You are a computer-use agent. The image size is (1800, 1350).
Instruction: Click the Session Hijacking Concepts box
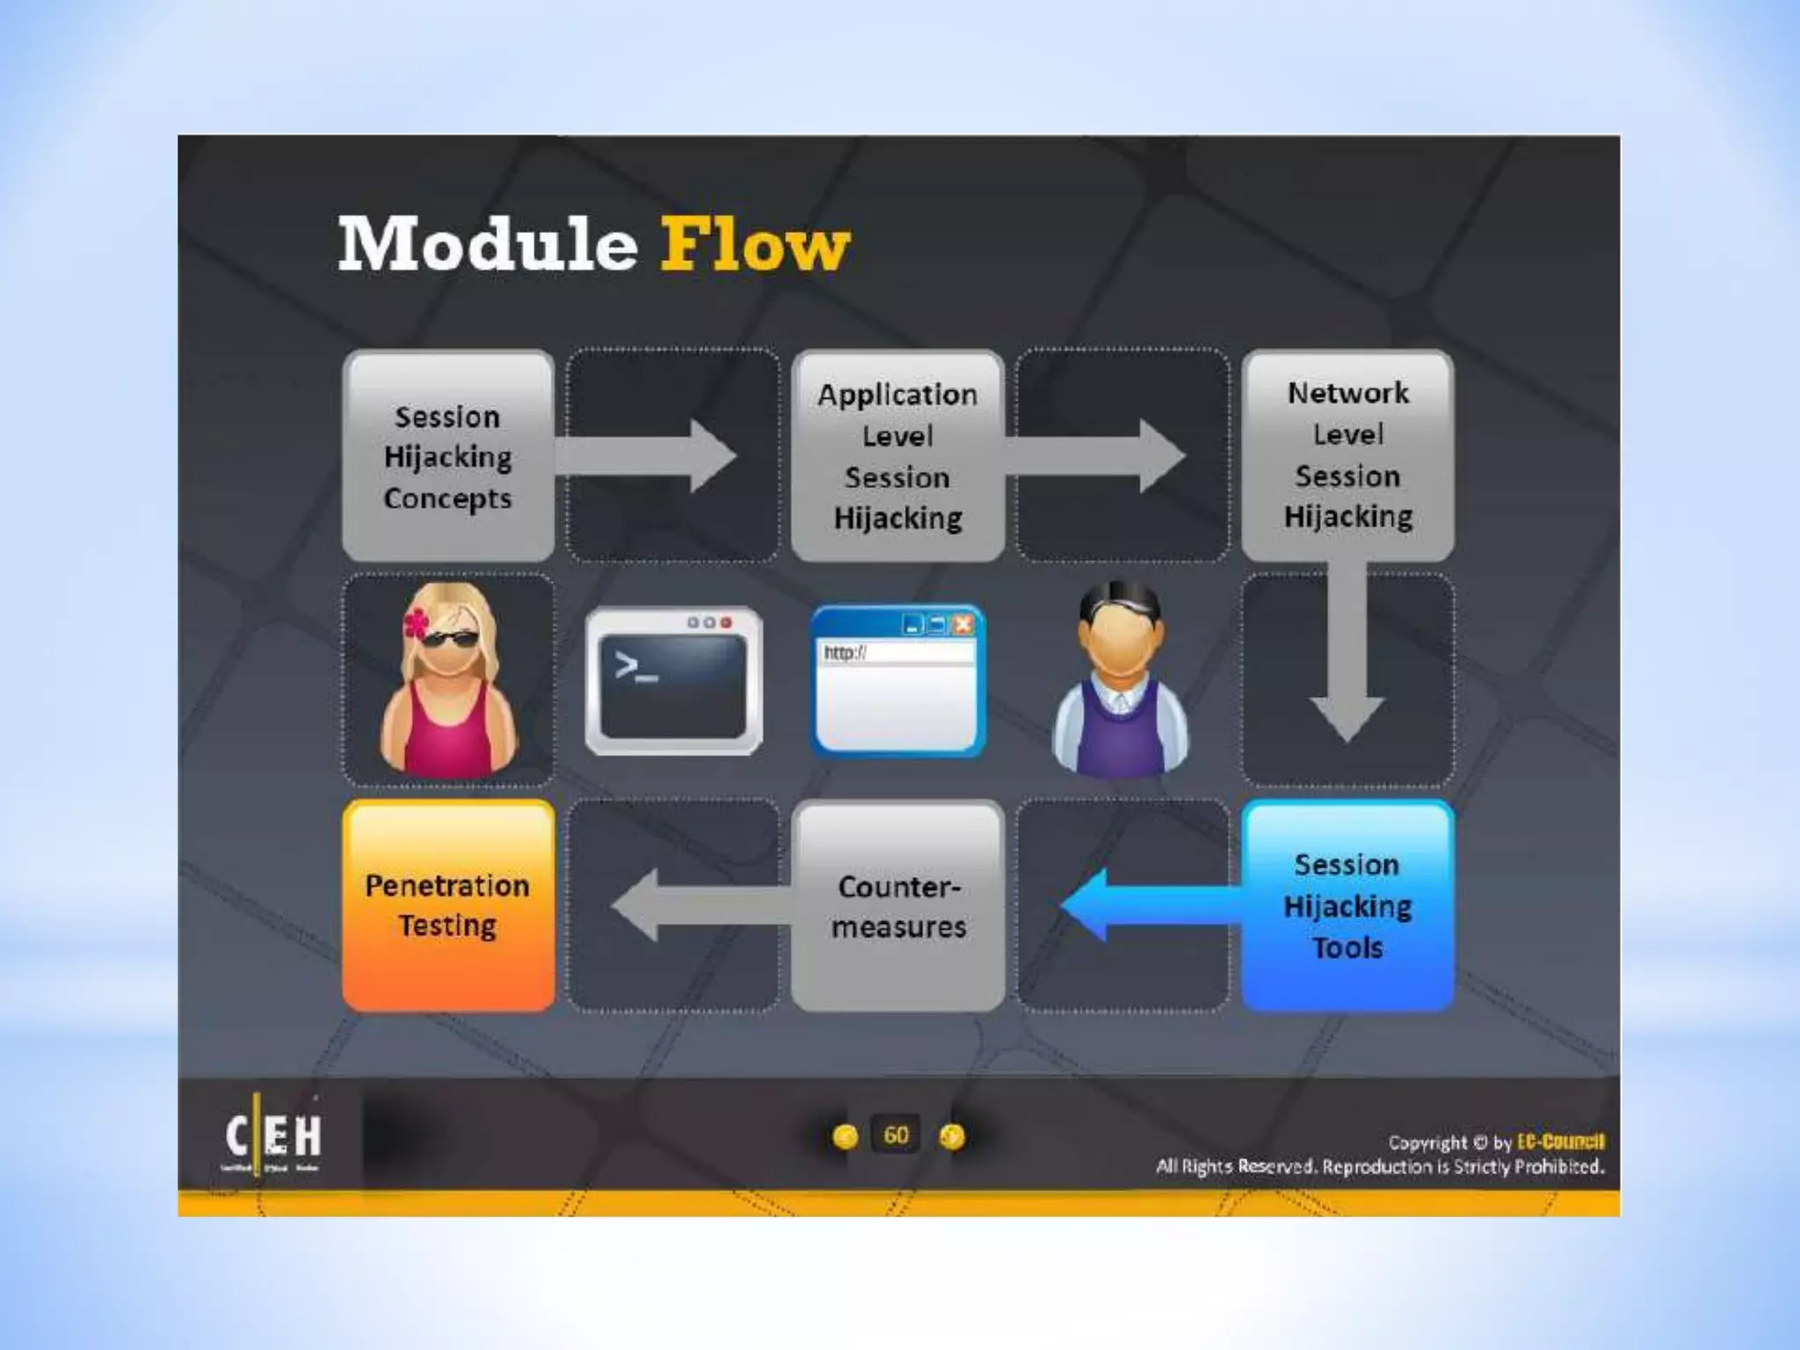click(448, 456)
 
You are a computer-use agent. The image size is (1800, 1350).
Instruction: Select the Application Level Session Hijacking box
click(897, 456)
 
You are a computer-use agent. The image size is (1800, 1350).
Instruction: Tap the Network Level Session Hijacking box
click(1347, 454)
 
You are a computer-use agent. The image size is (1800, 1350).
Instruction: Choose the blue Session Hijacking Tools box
click(1347, 906)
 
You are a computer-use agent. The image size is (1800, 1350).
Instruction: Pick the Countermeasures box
click(897, 906)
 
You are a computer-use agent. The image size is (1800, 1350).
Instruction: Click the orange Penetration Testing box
click(448, 906)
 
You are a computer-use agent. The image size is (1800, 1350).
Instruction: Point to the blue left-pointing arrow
click(1143, 905)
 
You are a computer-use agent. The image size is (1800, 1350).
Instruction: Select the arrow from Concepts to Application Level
click(650, 456)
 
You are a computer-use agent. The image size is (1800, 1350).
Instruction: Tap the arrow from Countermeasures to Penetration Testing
click(694, 905)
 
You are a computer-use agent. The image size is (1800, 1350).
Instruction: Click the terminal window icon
click(674, 681)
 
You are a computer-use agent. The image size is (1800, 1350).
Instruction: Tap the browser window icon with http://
click(897, 681)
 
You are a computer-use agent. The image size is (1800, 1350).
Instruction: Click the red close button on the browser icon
click(963, 625)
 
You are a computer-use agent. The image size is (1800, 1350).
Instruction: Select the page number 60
click(896, 1136)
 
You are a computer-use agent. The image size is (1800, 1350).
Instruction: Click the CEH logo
click(272, 1137)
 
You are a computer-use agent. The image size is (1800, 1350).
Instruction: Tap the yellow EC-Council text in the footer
click(1560, 1142)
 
